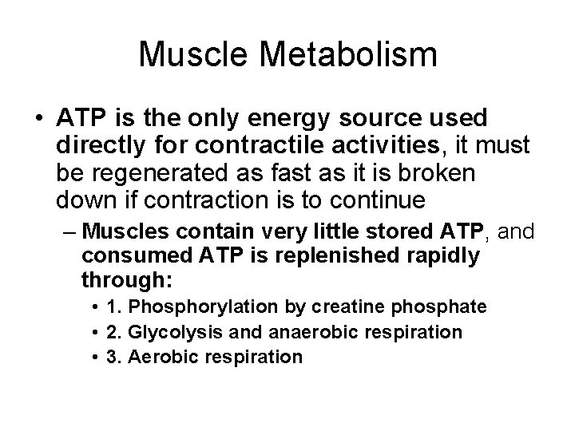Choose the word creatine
click(x=361, y=307)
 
